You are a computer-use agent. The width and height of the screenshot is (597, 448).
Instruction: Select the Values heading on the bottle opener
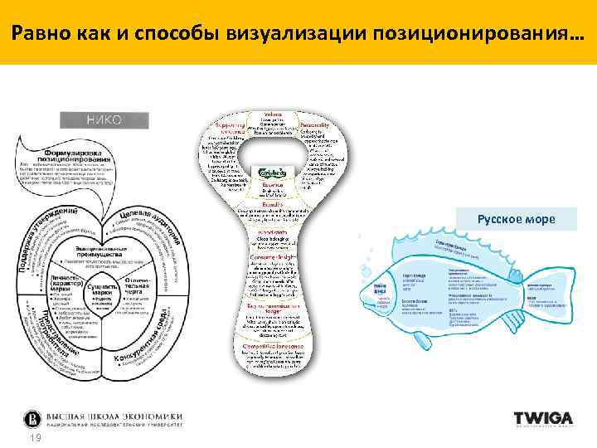point(272,114)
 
